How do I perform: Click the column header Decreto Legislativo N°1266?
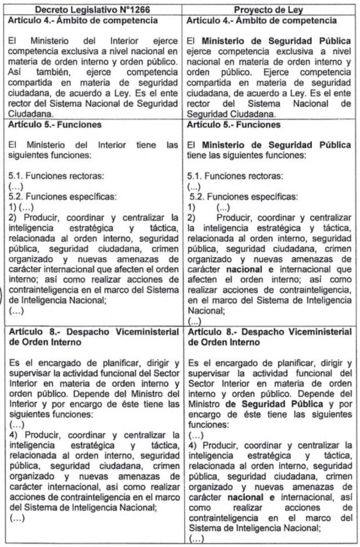93,9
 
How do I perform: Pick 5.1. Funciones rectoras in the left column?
48,175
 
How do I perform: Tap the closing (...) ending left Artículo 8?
16,516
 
